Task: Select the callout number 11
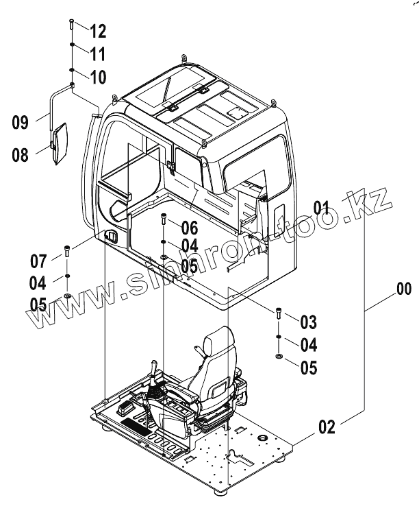[x=97, y=53]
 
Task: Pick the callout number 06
[x=189, y=228]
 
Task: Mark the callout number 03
[x=308, y=321]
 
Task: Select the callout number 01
[x=322, y=206]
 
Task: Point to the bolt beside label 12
[x=71, y=27]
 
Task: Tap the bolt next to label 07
[x=67, y=252]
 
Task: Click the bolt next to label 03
[x=280, y=314]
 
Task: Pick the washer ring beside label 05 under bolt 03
[x=280, y=357]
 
